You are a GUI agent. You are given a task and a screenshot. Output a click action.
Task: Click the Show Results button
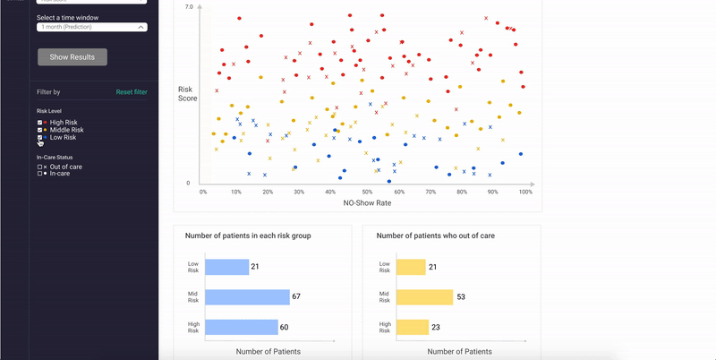click(72, 56)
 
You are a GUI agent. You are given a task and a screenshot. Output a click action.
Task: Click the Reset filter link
click(132, 92)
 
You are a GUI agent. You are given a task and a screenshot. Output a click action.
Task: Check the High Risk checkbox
click(39, 122)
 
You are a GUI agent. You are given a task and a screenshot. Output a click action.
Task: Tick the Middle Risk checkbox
click(39, 130)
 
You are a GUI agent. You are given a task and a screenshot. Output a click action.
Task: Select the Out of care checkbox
click(39, 167)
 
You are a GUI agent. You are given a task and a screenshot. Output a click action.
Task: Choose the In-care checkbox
click(39, 173)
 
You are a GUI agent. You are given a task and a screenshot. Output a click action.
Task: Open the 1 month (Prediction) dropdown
click(92, 27)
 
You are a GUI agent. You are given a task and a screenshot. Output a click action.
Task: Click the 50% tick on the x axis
click(367, 192)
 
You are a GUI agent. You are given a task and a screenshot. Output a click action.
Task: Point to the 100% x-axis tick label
click(525, 192)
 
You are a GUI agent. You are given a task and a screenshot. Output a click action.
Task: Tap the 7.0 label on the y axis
click(188, 7)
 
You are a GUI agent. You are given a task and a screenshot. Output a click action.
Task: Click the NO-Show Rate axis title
click(367, 203)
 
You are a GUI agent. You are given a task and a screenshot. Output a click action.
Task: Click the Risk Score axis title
click(186, 93)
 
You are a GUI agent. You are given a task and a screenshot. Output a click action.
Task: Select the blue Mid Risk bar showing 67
click(247, 297)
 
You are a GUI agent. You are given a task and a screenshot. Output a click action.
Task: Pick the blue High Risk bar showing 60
click(241, 327)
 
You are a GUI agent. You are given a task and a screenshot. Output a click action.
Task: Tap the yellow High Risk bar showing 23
click(411, 327)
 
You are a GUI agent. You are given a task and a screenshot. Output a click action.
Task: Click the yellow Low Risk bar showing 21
click(411, 267)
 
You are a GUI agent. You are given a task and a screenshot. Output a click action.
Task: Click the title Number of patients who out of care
click(438, 236)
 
